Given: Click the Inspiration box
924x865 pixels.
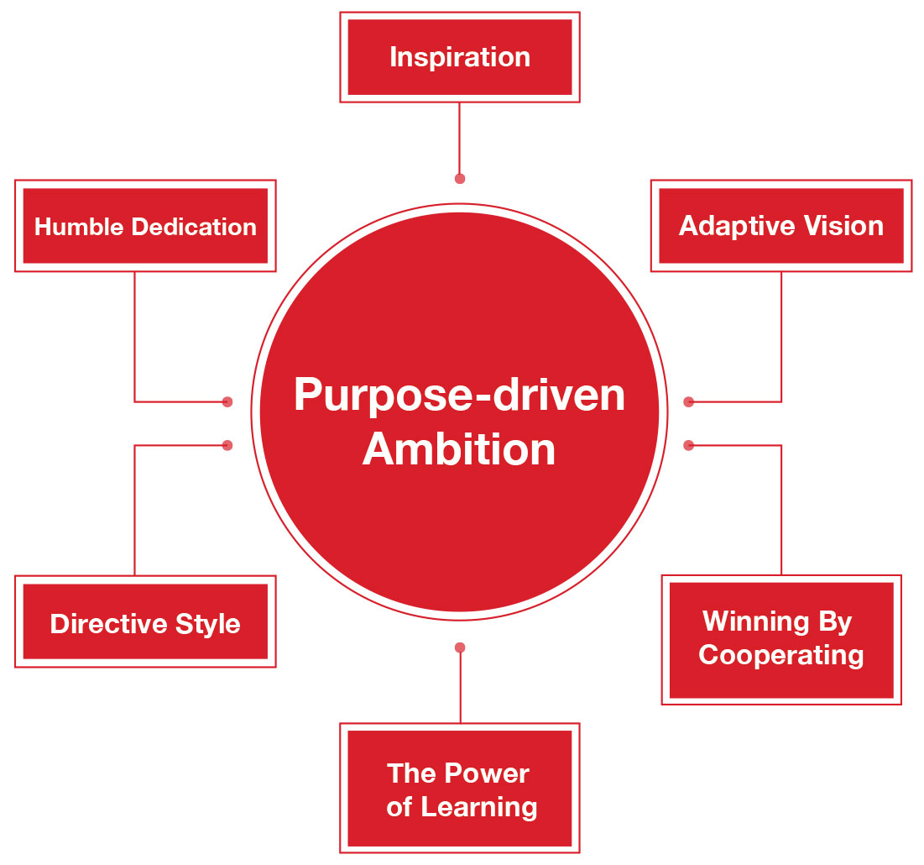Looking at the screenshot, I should (x=459, y=57).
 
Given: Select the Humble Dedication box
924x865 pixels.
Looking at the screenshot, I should (x=145, y=226).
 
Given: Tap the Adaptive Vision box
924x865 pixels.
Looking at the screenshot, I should (x=780, y=225).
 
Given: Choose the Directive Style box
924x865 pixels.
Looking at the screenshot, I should (x=145, y=622).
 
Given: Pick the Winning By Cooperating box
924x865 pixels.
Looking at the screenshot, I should (x=780, y=639).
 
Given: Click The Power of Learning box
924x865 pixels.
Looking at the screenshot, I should (x=459, y=789).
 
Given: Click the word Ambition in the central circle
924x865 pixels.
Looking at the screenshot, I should (x=459, y=448).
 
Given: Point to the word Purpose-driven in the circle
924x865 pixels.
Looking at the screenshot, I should (x=459, y=395).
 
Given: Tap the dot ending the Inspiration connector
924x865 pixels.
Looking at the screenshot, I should (x=460, y=179).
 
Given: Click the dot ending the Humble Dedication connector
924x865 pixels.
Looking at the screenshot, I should (x=227, y=402).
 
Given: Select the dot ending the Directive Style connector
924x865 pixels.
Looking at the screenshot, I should (x=227, y=445).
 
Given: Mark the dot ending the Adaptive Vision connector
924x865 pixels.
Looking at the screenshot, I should (x=689, y=402).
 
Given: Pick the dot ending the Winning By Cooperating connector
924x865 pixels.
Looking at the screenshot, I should (x=689, y=445).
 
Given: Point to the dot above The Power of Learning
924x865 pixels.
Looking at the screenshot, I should (x=460, y=647).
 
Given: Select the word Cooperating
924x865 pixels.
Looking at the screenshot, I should (x=780, y=655).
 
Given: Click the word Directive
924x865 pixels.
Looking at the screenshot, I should (x=97, y=624).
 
